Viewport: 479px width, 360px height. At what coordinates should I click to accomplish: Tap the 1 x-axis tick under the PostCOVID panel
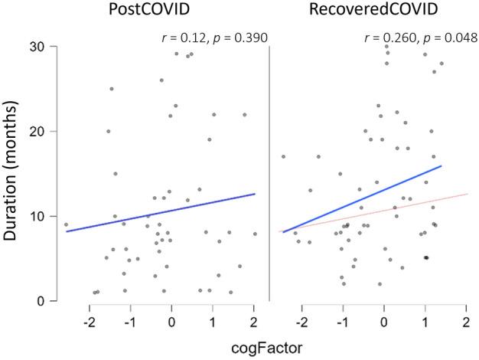(213, 319)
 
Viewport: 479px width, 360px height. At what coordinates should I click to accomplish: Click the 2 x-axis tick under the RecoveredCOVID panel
(466, 319)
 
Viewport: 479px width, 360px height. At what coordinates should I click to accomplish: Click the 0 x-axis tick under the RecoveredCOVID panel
(384, 319)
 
